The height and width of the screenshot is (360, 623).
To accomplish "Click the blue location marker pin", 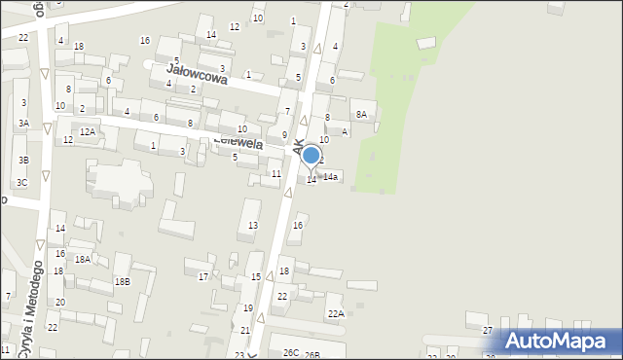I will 311,156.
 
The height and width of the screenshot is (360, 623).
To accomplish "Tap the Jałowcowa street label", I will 197,75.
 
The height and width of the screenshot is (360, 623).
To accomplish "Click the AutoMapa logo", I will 558,341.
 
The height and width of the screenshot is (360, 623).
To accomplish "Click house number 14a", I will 331,177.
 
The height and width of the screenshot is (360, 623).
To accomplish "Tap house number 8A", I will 361,115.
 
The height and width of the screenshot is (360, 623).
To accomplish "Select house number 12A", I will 88,131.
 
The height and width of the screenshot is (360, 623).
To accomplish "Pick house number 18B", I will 122,282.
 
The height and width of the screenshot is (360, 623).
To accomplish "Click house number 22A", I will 336,313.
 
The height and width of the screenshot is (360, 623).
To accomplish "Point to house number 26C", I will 291,352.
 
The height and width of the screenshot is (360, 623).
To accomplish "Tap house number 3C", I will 21,182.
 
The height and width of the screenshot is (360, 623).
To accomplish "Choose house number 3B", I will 22,160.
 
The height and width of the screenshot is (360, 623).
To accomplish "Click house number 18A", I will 83,259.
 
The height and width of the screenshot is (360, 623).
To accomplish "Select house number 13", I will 253,226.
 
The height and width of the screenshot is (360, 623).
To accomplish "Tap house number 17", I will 203,277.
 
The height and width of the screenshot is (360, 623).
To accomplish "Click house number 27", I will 488,331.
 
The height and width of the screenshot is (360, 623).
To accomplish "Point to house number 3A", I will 22,124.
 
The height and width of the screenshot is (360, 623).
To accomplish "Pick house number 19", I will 248,308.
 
